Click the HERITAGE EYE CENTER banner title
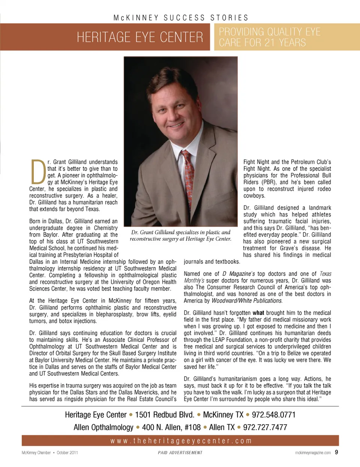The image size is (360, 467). pos(140,37)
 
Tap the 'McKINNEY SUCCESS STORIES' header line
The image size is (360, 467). pos(181,18)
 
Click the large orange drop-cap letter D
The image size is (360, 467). pos(38,172)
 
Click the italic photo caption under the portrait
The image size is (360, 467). pos(181,236)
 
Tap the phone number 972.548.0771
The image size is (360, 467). pos(273,415)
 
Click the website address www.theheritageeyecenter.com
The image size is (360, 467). pos(181,441)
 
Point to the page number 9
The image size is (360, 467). pos(336,452)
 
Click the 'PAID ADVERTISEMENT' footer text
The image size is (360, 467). pos(180,453)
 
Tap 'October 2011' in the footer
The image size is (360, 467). pos(67,453)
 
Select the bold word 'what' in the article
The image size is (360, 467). pos(258,313)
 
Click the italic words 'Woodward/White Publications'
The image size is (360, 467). pos(247,301)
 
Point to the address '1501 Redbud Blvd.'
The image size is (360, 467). pos(165,415)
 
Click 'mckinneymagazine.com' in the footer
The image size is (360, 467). pos(313,453)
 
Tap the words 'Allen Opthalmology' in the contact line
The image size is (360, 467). pos(103,427)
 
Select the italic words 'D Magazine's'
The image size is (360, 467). pos(238,274)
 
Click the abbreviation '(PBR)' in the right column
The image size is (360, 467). pos(269,182)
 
